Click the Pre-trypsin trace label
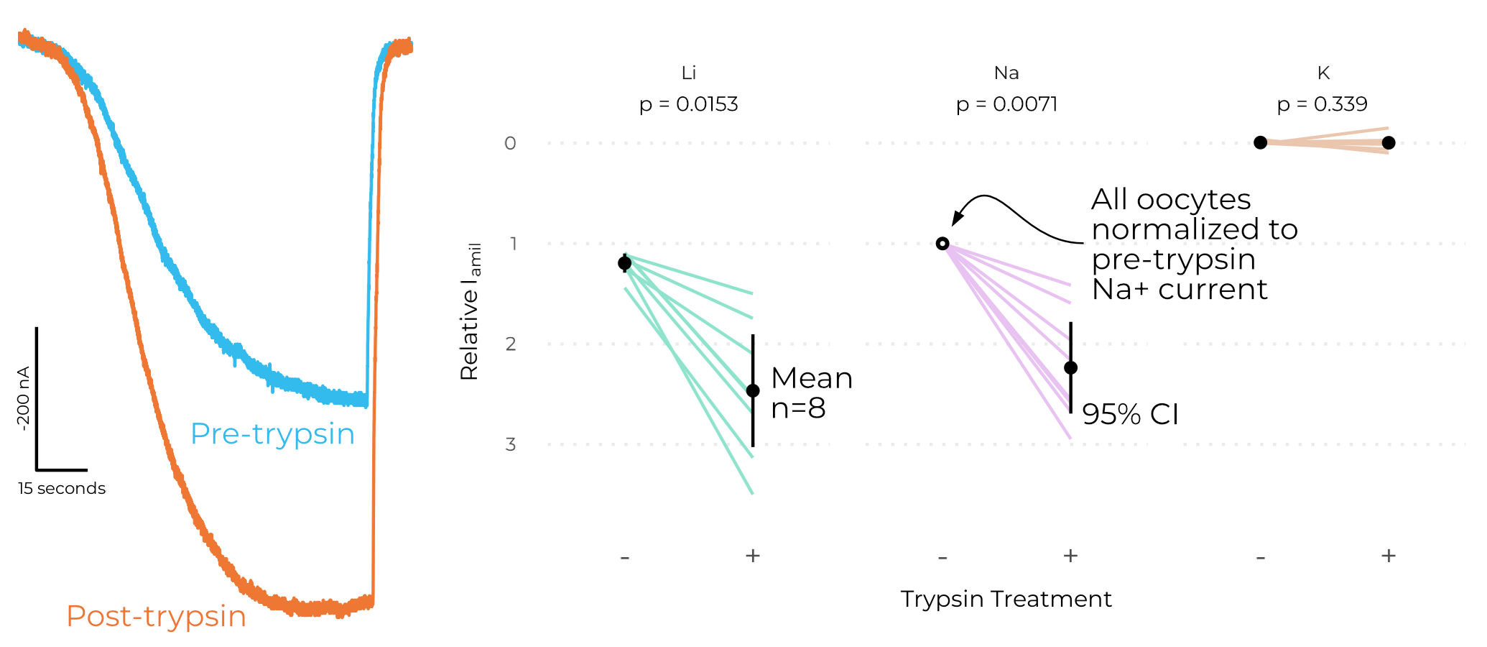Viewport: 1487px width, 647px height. (272, 434)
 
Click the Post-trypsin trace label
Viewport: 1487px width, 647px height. (156, 617)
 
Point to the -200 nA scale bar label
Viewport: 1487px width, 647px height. (23, 398)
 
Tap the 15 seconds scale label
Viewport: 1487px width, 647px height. (62, 489)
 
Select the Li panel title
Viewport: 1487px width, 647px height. (688, 73)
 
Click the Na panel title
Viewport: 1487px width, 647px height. (1006, 73)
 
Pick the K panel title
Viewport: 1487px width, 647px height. (1323, 73)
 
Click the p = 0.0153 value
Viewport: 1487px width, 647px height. (688, 105)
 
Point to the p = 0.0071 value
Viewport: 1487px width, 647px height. (1006, 105)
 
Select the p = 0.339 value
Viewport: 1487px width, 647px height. (1322, 105)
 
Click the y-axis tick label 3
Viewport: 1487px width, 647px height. (510, 444)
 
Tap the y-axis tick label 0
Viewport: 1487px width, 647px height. (510, 143)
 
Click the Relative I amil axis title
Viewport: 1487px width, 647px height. (471, 311)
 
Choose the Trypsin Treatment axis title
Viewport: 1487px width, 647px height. (1006, 599)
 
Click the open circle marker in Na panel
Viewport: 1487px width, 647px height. (942, 244)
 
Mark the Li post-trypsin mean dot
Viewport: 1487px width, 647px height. (753, 390)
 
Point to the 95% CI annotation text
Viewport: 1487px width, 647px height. (1130, 415)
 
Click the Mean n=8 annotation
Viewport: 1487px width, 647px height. (811, 393)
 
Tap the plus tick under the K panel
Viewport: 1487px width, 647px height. (1388, 556)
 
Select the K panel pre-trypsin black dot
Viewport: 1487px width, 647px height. (1260, 142)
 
